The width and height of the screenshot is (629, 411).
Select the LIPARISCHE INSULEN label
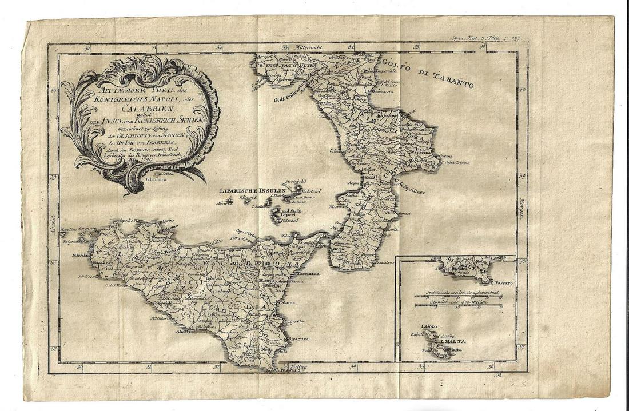coord(249,191)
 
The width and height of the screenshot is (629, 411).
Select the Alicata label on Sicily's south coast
coord(184,331)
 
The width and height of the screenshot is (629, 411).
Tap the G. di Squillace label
coord(408,186)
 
